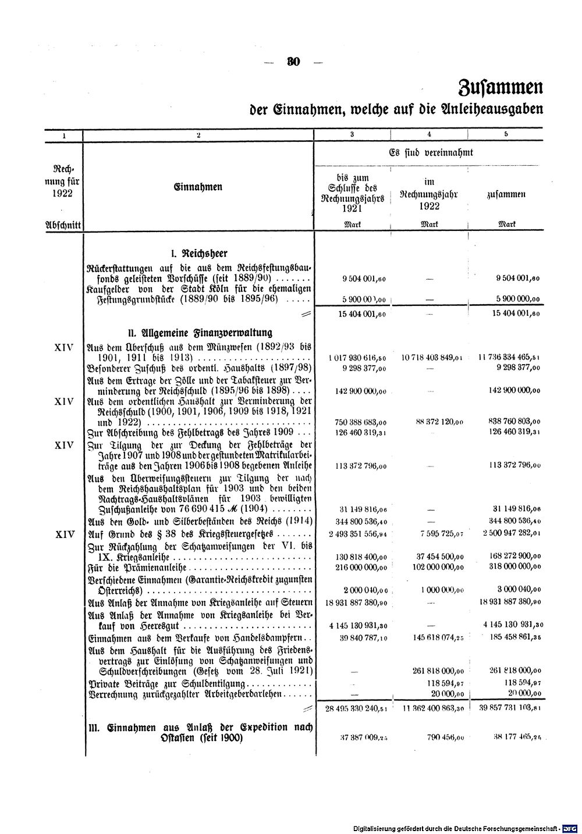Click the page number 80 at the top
tap(292, 63)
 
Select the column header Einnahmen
tap(198, 187)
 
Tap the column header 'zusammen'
tap(506, 195)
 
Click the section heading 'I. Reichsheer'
tap(198, 254)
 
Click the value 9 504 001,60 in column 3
tap(364, 279)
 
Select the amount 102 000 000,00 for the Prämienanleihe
tap(432, 566)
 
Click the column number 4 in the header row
tap(429, 134)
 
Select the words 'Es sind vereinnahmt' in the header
tap(431, 153)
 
